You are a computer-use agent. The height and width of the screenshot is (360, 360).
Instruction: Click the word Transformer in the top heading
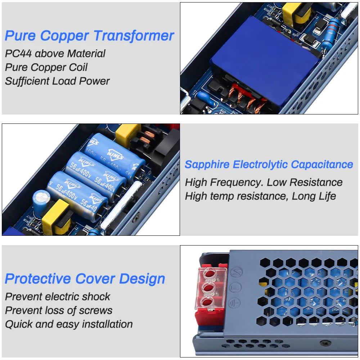point(134,36)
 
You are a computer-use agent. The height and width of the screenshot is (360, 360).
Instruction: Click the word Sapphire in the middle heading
point(207,165)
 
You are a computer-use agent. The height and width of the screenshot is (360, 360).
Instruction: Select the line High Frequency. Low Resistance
point(264,182)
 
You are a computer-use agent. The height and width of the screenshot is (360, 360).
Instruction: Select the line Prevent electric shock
point(58,297)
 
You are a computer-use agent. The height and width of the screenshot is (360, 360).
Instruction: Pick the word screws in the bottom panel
point(97,310)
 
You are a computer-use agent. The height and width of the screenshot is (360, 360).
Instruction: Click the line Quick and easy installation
point(69,324)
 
